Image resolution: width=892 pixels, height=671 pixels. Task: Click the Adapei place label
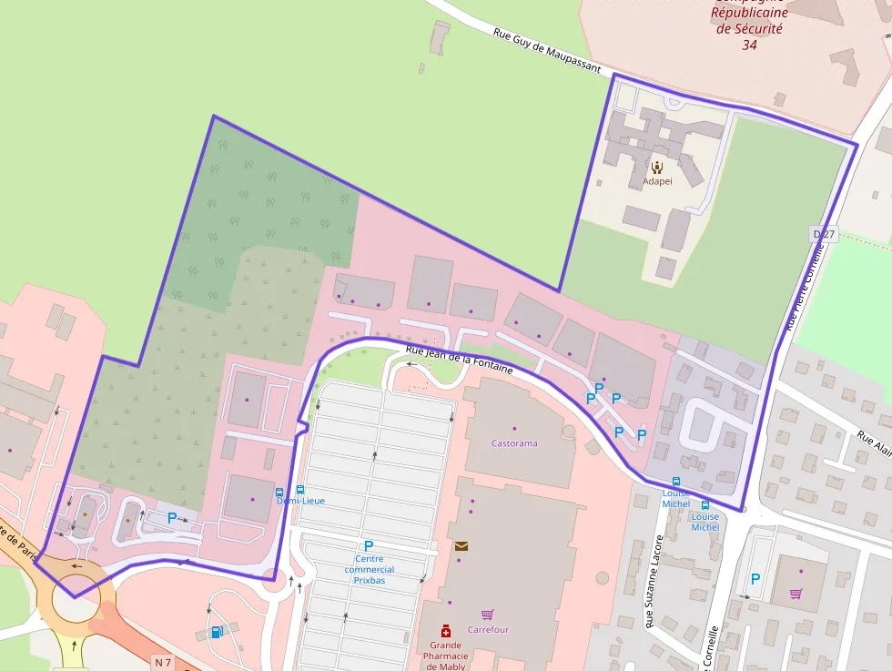click(x=657, y=181)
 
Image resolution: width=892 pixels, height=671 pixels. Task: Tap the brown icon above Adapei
click(x=657, y=167)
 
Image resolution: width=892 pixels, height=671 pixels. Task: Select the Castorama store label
click(x=514, y=443)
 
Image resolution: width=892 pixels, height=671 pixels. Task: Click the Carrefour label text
click(x=488, y=629)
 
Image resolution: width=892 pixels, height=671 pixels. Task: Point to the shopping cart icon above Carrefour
click(x=488, y=615)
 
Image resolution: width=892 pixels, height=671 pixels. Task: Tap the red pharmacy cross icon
click(x=445, y=630)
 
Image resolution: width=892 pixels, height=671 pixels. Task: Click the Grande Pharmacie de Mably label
click(x=445, y=656)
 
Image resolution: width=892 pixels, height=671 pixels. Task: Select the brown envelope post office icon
click(x=461, y=546)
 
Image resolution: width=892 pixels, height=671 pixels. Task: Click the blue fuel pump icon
click(x=216, y=631)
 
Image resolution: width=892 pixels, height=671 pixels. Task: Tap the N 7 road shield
click(x=163, y=661)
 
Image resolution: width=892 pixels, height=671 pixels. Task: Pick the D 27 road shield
click(x=823, y=235)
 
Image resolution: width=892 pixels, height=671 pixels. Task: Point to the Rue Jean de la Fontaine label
click(x=460, y=360)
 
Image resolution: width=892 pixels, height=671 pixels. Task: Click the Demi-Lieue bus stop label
click(x=300, y=501)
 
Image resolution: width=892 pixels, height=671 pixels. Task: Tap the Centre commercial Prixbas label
click(x=369, y=569)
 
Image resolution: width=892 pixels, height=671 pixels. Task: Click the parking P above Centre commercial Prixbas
click(x=369, y=546)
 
